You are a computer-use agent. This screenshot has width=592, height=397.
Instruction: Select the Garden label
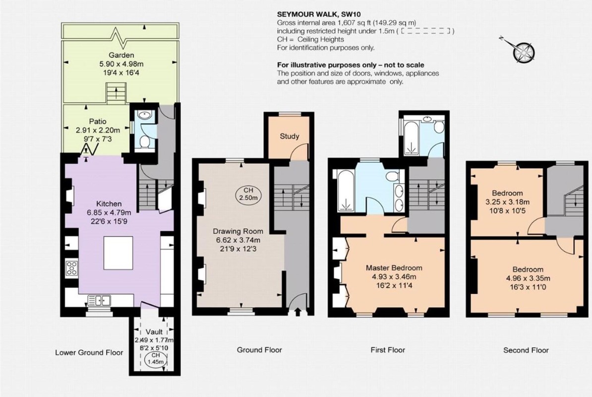[x=121, y=55]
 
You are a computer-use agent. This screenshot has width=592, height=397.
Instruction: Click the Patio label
[x=98, y=122]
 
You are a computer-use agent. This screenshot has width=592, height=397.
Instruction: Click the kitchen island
[x=118, y=253]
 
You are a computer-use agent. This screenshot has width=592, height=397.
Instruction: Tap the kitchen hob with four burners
[x=71, y=268]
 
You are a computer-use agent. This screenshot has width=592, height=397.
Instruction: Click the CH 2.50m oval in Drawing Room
[x=248, y=194]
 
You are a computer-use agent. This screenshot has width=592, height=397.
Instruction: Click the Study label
[x=290, y=136]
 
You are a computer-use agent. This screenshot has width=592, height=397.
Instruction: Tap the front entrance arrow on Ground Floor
[x=297, y=312]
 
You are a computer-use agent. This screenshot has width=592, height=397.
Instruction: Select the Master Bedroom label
[x=394, y=268]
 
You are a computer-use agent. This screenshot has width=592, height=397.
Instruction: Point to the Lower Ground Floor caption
[x=89, y=353]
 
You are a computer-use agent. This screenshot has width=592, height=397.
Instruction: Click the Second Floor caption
[x=526, y=350]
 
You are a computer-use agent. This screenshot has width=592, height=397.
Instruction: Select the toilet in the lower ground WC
[x=143, y=142]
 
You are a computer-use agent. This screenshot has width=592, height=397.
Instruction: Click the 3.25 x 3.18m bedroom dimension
[x=507, y=202]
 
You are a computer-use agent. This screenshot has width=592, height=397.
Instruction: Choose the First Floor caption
[x=388, y=350]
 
